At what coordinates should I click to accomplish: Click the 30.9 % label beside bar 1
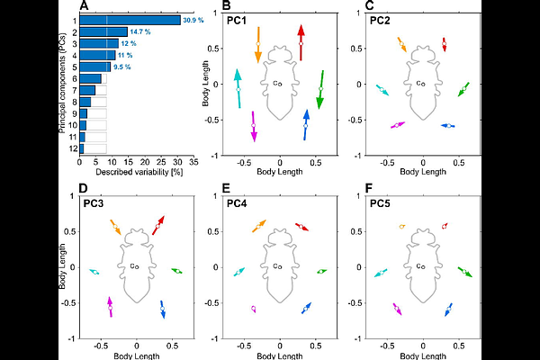tap(194, 20)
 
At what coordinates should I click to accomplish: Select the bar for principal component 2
tap(103, 31)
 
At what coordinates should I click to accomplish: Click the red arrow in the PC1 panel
tap(301, 42)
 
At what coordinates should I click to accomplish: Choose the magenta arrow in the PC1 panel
tap(254, 126)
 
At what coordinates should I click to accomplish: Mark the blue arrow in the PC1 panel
tap(306, 124)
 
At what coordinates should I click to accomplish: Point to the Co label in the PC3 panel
tap(134, 266)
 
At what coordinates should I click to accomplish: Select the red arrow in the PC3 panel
tap(160, 224)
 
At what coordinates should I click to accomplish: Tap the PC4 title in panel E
tap(238, 203)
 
